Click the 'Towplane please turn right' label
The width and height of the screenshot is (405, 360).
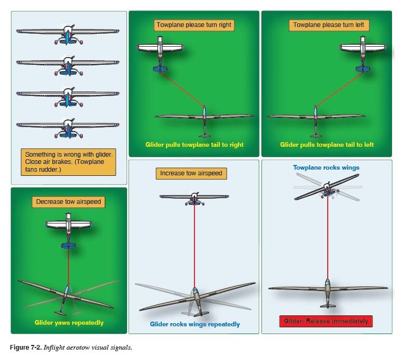pos(193,25)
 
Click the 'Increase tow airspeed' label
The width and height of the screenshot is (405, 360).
pos(193,174)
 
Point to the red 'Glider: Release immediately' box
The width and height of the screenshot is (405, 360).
pos(326,321)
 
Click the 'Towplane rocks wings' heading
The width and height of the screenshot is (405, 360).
pos(326,168)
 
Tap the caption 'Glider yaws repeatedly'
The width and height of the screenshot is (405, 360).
pos(69,323)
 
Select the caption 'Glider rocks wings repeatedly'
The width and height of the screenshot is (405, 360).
pos(195,324)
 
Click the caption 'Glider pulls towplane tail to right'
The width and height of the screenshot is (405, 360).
pos(194,145)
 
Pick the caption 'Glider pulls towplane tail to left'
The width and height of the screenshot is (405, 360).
pos(326,145)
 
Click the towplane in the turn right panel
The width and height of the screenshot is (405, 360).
pos(161,49)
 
